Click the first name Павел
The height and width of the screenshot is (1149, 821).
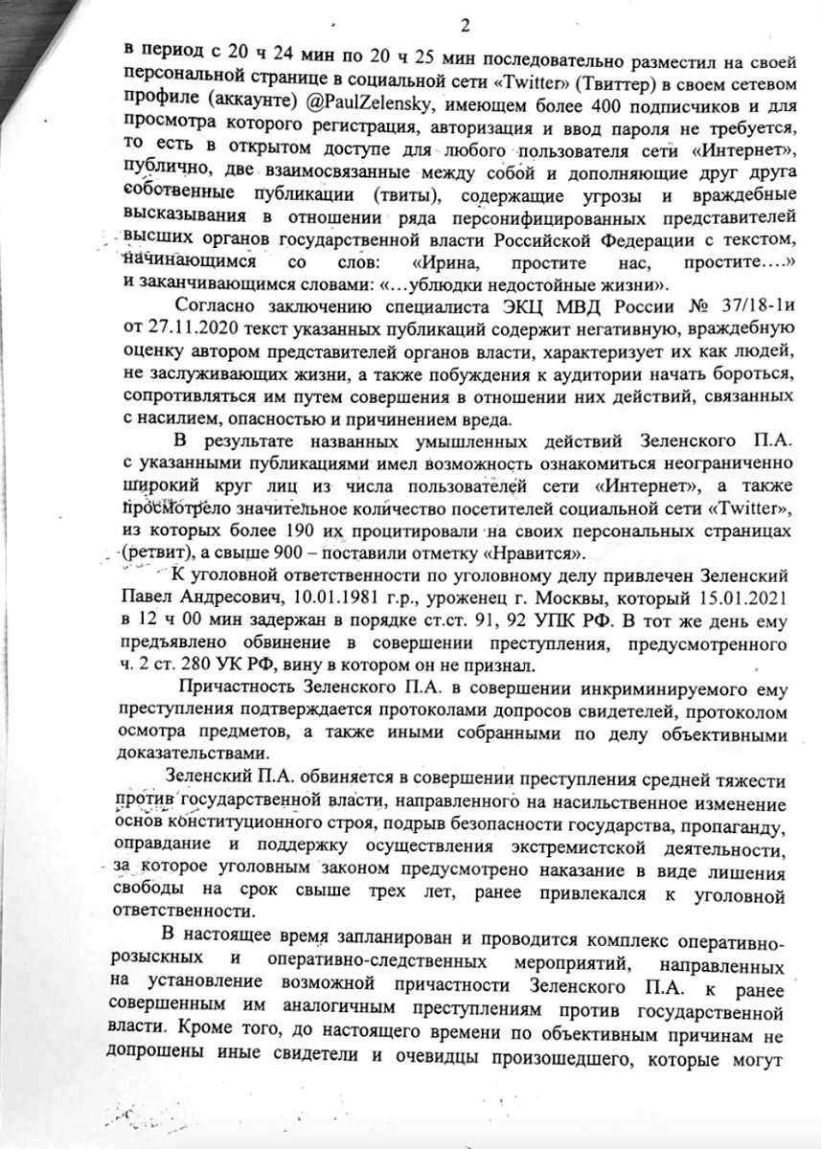[146, 597]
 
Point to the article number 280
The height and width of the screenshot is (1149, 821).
[192, 665]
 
